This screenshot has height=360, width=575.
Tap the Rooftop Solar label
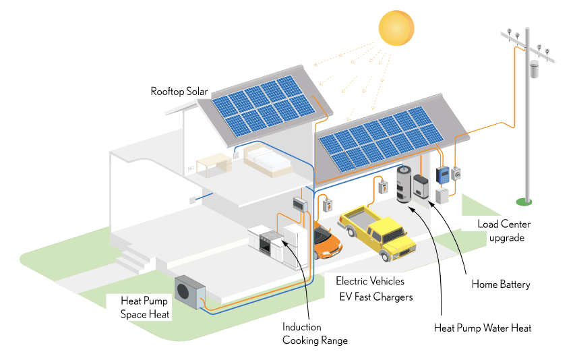click(179, 91)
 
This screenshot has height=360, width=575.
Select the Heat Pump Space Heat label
click(144, 307)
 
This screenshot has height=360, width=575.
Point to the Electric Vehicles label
click(370, 281)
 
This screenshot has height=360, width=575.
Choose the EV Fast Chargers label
click(376, 297)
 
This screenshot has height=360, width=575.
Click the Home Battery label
click(500, 284)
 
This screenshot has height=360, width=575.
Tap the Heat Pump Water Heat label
click(483, 328)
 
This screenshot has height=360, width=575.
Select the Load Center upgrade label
click(504, 231)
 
